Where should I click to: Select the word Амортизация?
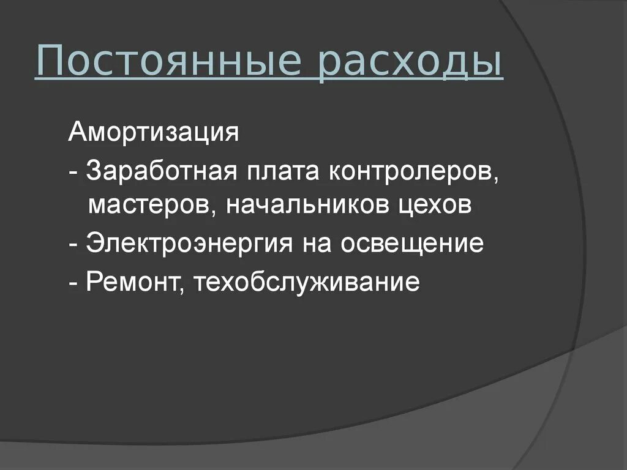153,133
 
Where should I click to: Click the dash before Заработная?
73,173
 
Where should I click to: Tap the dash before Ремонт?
73,283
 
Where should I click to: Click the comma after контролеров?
494,180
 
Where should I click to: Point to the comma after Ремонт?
182,291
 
